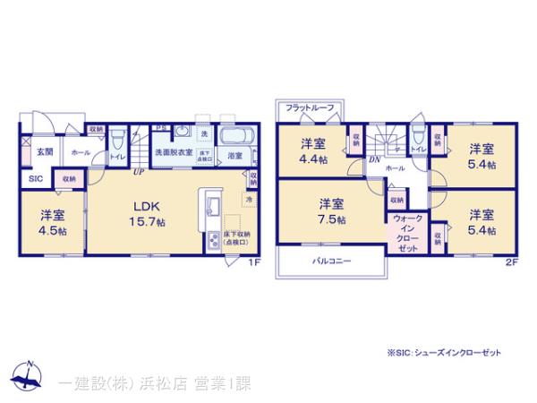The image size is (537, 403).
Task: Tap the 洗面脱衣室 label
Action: pyautogui.click(x=174, y=154)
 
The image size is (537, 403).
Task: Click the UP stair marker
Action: pyautogui.click(x=139, y=171)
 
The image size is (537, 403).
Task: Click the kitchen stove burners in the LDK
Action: pyautogui.click(x=215, y=241)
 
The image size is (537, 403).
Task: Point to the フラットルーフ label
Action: pyautogui.click(x=310, y=108)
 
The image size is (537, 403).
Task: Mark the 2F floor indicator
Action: pyautogui.click(x=511, y=262)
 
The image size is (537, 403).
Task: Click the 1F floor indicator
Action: pyautogui.click(x=253, y=262)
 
